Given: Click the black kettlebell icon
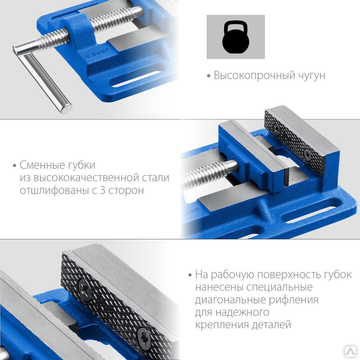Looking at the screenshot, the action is point(235,37).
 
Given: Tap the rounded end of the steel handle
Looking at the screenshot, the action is point(67,108).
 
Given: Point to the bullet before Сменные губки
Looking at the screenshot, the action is point(15,166).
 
